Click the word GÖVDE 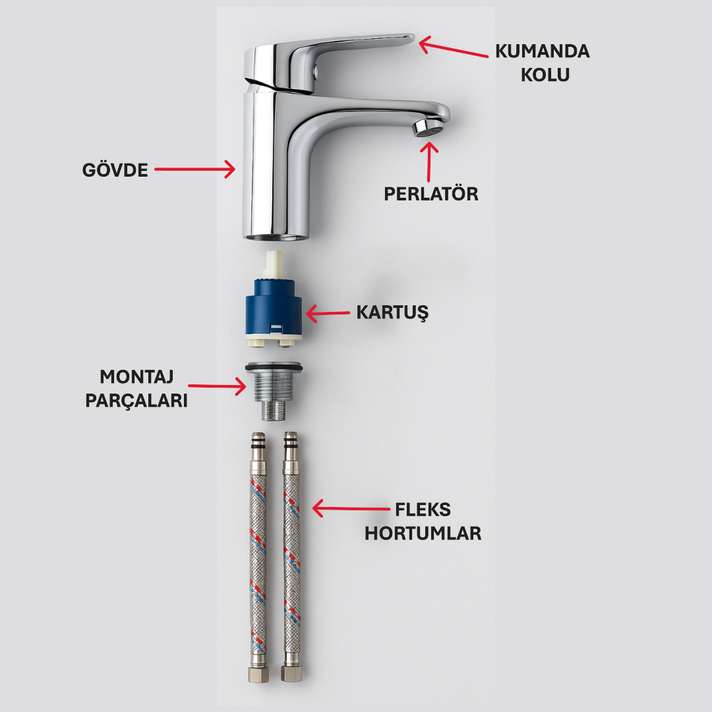(x=115, y=169)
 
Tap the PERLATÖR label (x=431, y=194)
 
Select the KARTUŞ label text (x=392, y=312)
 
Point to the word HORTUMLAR (x=423, y=533)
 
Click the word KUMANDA (x=543, y=51)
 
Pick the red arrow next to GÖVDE (x=195, y=169)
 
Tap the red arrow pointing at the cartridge (x=328, y=313)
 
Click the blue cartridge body (x=273, y=307)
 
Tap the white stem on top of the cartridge (x=273, y=264)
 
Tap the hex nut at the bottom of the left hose (x=255, y=673)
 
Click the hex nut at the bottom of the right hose (x=290, y=673)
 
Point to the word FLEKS (x=423, y=510)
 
